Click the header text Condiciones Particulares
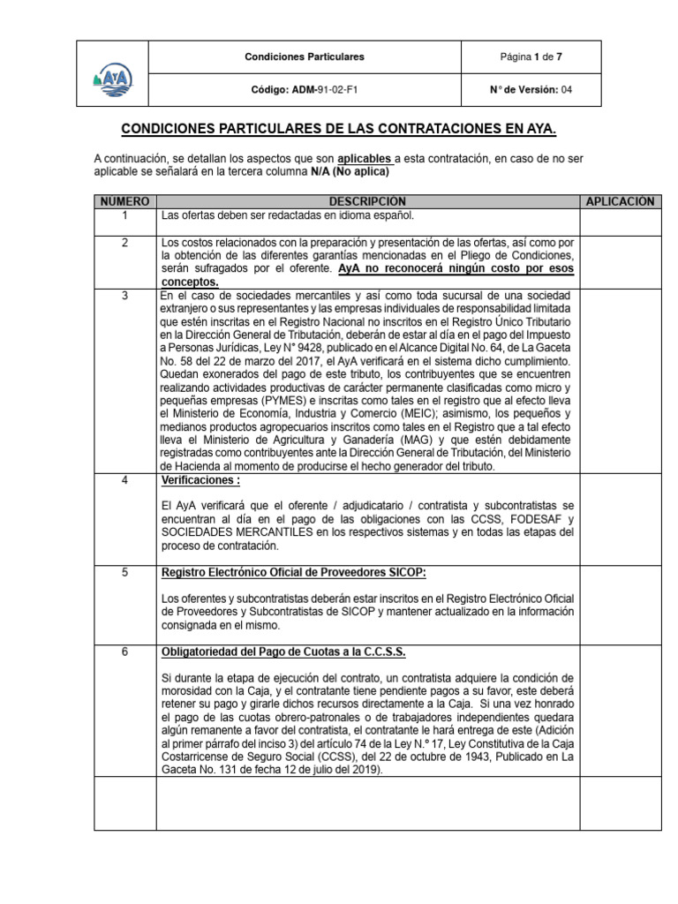point(304,57)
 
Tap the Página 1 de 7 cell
point(531,57)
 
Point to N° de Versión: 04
point(531,90)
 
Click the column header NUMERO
point(125,202)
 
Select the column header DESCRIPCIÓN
point(368,202)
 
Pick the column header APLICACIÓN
point(620,202)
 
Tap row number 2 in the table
point(125,242)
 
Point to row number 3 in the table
point(125,295)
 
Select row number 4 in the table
point(125,480)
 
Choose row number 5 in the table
point(125,572)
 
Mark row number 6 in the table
point(125,652)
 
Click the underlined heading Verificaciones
point(200,480)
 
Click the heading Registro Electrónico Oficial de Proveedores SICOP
point(294,572)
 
